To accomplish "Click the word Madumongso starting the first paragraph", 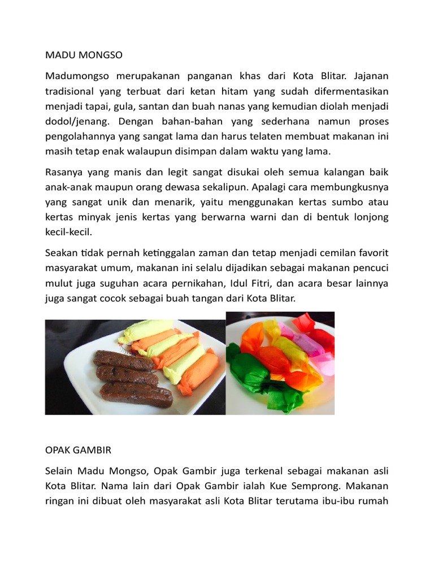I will [76, 76].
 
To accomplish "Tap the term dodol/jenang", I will [73, 122].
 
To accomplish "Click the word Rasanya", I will [63, 171].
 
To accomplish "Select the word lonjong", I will [370, 217].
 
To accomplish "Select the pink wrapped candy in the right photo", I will [316, 343].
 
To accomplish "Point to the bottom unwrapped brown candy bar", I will [136, 394].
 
